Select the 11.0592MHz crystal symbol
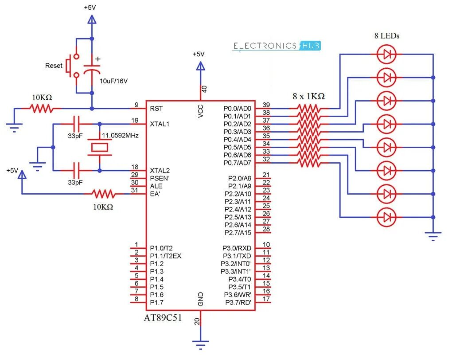99,147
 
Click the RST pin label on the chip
156,108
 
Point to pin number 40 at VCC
204,89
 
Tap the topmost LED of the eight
386,55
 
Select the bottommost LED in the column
386,217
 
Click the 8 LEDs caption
386,36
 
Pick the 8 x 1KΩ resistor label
308,96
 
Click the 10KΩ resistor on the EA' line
103,194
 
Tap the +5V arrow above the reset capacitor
92,20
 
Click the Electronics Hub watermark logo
277,46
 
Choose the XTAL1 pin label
160,124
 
